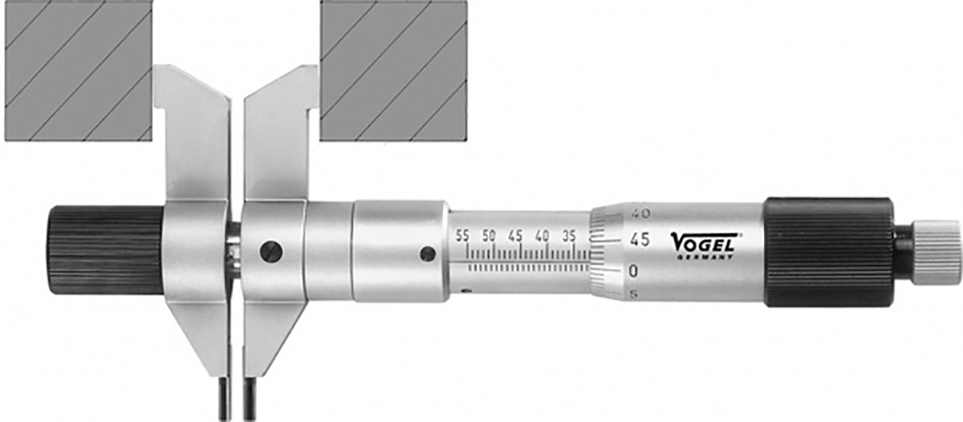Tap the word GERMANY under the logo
705,257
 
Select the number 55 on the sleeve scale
462,236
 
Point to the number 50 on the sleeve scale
489,236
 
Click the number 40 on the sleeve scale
542,236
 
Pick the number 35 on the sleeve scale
568,236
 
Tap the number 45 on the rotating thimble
640,240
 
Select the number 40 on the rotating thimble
641,213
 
